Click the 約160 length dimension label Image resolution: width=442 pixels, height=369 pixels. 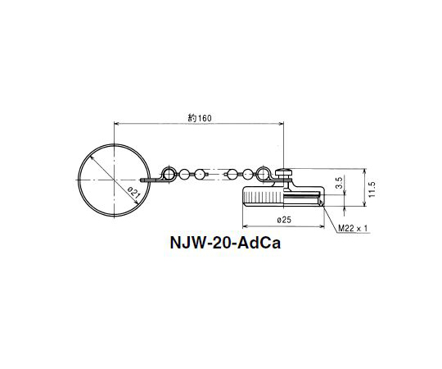200,118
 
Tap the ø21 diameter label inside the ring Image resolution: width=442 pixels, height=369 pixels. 133,193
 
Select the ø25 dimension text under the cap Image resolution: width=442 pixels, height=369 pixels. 284,220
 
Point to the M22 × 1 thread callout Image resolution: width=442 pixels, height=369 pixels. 353,228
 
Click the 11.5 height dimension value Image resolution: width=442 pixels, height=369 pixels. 372,189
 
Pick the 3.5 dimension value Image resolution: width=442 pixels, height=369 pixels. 340,183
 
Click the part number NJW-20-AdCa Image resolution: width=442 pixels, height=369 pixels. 225,243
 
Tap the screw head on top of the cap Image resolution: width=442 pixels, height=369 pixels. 283,171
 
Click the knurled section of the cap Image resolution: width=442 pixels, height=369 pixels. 264,198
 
